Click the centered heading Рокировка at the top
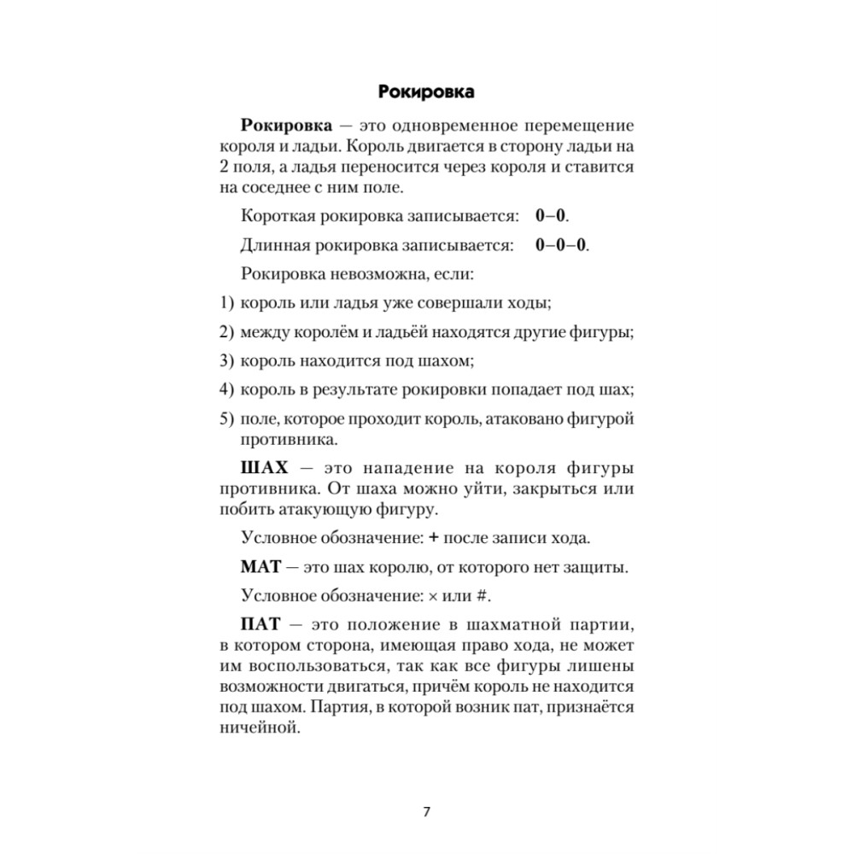426,91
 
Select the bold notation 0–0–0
562,246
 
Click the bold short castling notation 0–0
552,217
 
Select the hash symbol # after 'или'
490,595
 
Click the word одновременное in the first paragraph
445,126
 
